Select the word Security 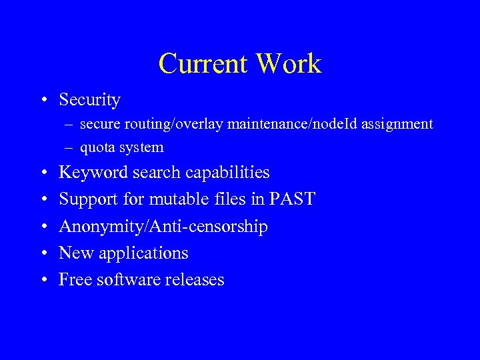(x=89, y=100)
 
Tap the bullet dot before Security (x=43, y=101)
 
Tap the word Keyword (x=93, y=173)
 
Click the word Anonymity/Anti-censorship (x=163, y=227)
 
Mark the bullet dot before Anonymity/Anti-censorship (x=43, y=227)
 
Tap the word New (x=74, y=253)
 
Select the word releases (x=194, y=279)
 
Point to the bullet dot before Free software (x=43, y=281)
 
